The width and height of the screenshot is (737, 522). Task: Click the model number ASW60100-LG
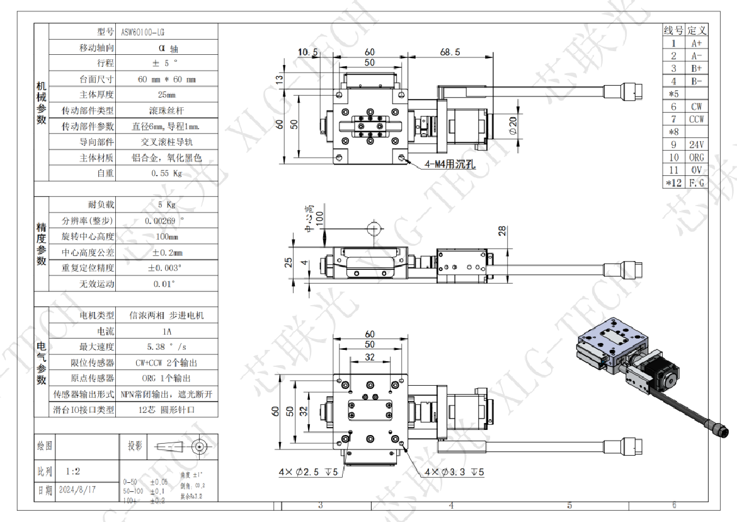[x=143, y=31]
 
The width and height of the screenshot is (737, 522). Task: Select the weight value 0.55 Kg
[x=167, y=173]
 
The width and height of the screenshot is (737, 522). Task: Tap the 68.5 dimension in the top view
[x=450, y=52]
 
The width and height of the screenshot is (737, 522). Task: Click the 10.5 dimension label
[x=308, y=52]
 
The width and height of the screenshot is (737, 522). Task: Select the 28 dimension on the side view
[x=501, y=231]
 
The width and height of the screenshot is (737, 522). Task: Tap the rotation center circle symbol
[x=373, y=228]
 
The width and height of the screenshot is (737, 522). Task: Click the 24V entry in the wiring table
[x=696, y=144]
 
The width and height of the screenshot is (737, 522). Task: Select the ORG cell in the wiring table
[x=696, y=158]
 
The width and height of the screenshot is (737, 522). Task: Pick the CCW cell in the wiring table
[x=696, y=119]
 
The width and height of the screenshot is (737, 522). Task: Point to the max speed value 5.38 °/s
[x=167, y=346]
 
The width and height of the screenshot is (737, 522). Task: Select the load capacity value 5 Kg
[x=167, y=204]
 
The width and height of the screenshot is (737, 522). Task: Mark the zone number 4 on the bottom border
[x=451, y=505]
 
